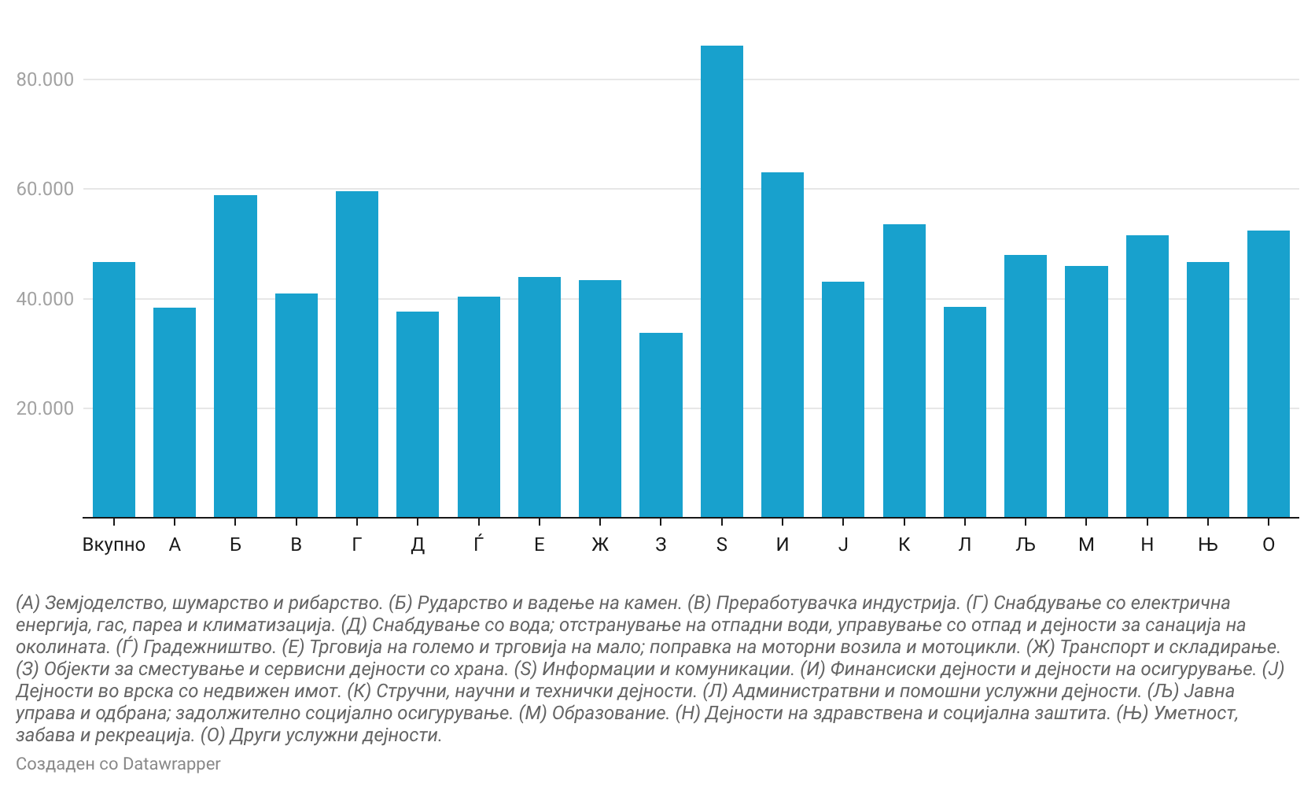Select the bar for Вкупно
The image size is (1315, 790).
click(x=114, y=389)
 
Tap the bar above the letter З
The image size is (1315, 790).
click(x=661, y=425)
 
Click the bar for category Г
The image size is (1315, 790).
click(x=357, y=354)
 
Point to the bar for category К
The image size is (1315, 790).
click(x=904, y=371)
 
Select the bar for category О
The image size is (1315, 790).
click(x=1268, y=374)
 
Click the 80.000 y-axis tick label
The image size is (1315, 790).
click(x=46, y=79)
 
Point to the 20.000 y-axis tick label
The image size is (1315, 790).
click(x=46, y=408)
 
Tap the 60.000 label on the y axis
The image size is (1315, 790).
click(x=46, y=189)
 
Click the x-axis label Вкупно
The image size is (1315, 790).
click(x=114, y=545)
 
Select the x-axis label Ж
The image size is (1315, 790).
click(x=600, y=545)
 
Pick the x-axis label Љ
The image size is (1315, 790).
click(x=1025, y=545)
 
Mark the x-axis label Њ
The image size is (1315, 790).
click(x=1207, y=545)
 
